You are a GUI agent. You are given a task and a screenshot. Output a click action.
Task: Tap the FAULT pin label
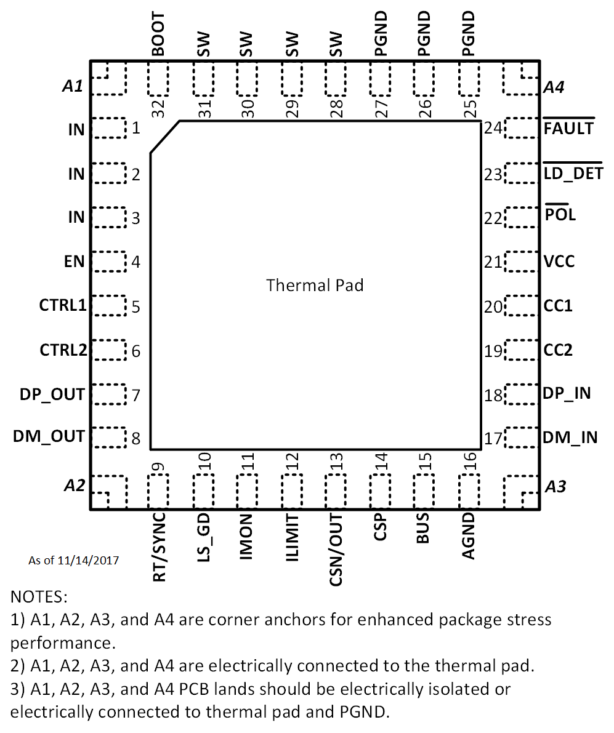[568, 128]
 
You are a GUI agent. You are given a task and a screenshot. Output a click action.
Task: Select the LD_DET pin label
[573, 174]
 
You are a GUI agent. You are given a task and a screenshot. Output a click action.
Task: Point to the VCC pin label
[559, 262]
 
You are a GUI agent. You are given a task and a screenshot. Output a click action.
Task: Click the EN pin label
[74, 262]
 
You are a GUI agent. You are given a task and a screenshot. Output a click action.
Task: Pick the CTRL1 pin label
[63, 306]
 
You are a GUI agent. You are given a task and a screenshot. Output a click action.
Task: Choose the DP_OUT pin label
[52, 395]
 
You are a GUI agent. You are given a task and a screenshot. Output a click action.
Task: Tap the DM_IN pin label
[570, 438]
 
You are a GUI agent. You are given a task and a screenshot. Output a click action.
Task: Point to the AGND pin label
[469, 535]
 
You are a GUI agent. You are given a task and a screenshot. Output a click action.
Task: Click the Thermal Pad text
[315, 286]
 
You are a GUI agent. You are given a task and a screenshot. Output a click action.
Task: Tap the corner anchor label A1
[73, 87]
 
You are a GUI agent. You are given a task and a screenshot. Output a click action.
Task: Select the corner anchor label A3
[556, 487]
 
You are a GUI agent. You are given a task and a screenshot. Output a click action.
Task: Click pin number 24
[493, 128]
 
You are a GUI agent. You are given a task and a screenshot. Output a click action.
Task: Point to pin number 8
[135, 439]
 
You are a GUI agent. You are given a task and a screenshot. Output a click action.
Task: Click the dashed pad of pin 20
[521, 306]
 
